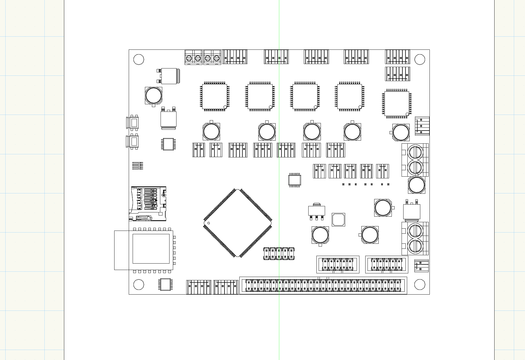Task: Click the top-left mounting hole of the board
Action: [x=139, y=60]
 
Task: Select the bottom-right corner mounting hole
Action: [x=419, y=285]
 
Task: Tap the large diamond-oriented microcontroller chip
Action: [x=238, y=223]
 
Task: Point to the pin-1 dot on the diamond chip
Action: [x=209, y=223]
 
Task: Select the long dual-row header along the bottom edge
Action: [x=323, y=285]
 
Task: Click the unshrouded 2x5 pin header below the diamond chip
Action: [x=279, y=254]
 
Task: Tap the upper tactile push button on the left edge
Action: [x=134, y=122]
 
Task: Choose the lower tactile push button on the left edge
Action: [x=134, y=141]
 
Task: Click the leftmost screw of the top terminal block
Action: [x=189, y=58]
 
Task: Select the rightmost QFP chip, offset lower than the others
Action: [x=397, y=103]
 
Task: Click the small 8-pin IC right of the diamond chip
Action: [x=295, y=180]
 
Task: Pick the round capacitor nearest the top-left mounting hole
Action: [x=153, y=95]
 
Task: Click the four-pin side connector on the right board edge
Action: [x=422, y=126]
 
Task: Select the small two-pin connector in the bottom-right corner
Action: [x=421, y=266]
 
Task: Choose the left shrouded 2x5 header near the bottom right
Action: [x=338, y=264]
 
